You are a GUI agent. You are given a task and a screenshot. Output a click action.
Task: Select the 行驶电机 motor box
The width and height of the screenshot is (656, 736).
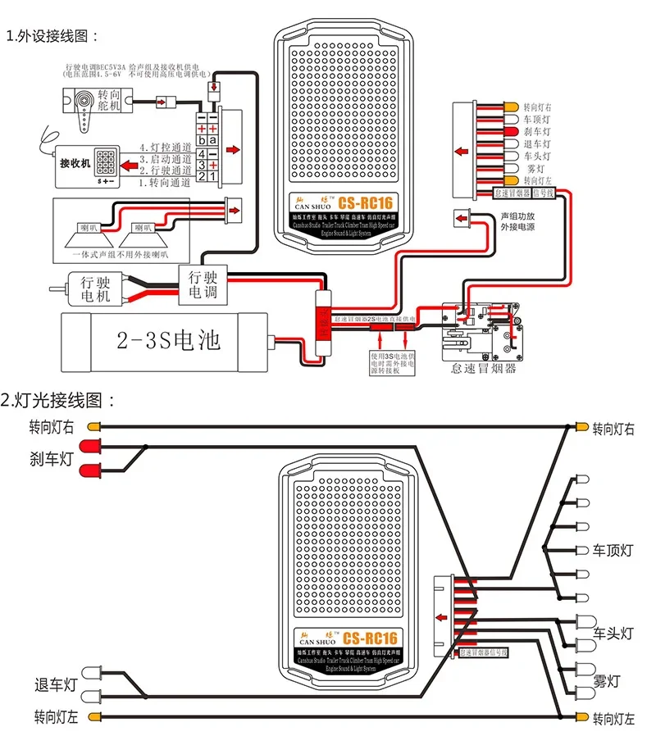click(95, 289)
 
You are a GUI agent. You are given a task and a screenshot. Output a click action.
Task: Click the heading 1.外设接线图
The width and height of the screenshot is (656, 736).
click(52, 37)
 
